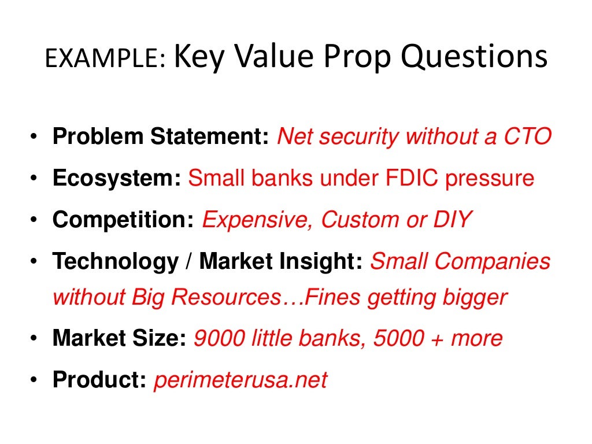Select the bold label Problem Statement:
161,137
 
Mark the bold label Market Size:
119,338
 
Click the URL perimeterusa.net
240,380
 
